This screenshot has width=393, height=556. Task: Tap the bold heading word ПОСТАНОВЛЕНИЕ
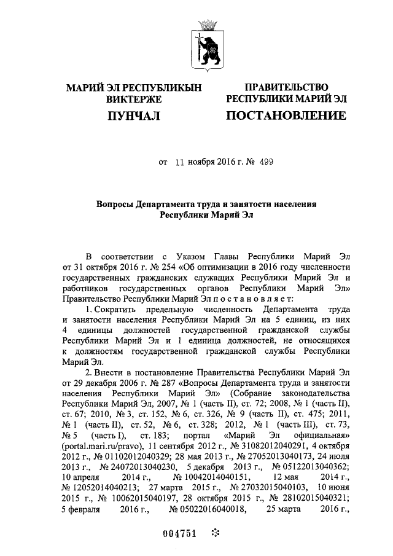(286, 115)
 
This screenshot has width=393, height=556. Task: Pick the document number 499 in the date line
(266, 163)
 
